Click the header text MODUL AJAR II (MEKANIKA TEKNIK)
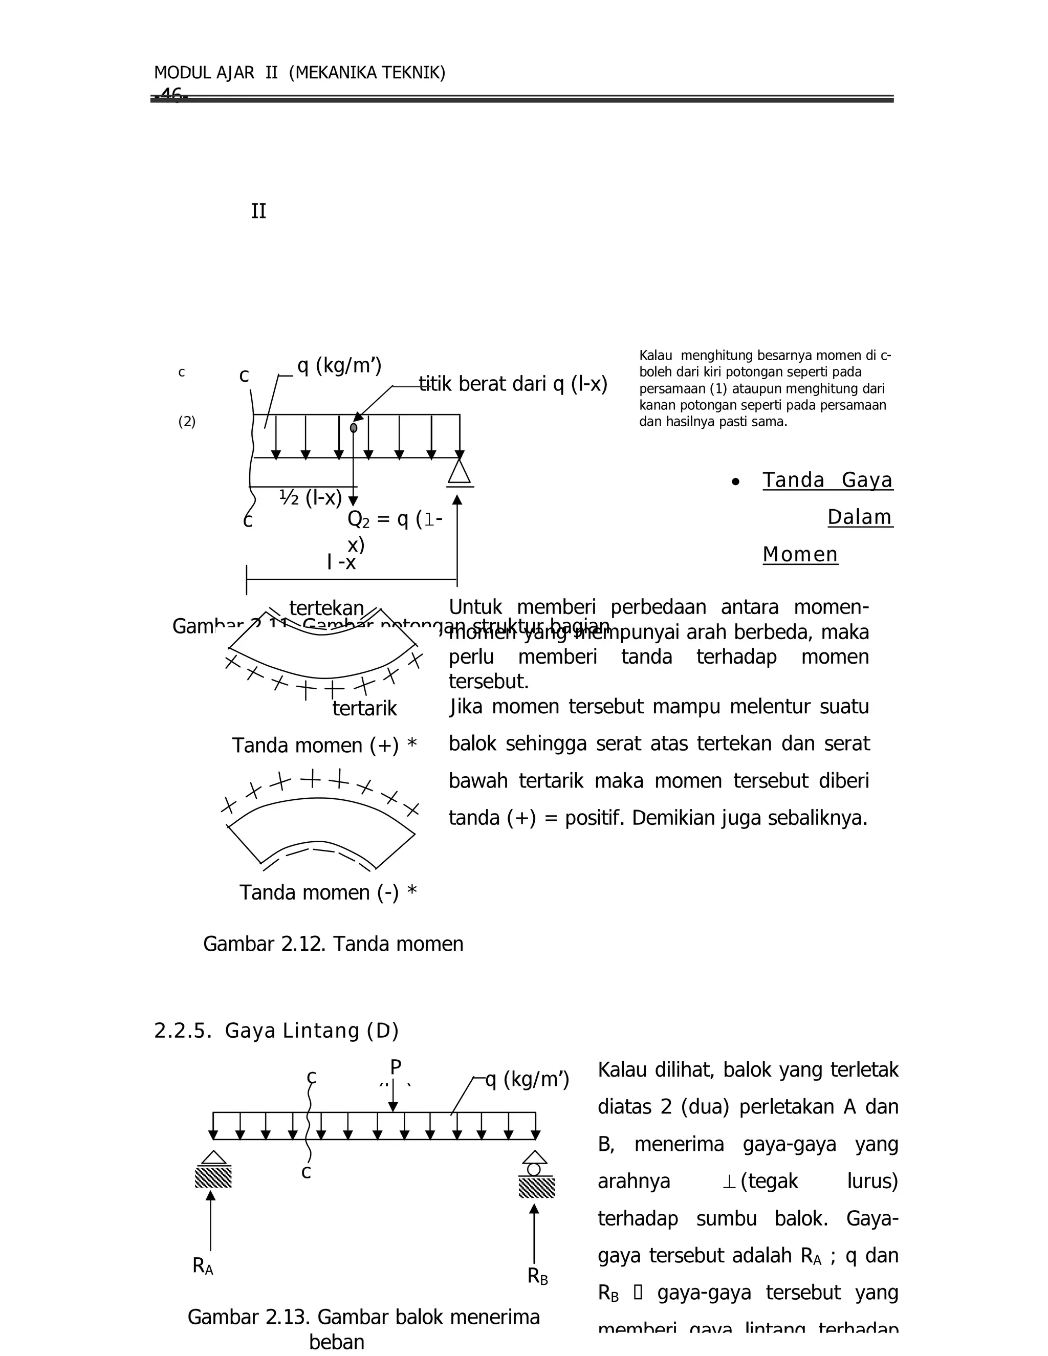click(x=299, y=73)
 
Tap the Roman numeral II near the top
click(x=258, y=212)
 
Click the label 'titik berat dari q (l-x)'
click(x=513, y=384)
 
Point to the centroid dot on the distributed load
click(x=353, y=428)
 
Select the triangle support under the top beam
click(x=459, y=472)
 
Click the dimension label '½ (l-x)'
click(x=311, y=497)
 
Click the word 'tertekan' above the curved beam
click(x=326, y=608)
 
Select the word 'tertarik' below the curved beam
click(x=364, y=708)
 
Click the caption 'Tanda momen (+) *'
click(x=324, y=745)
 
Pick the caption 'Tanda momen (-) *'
click(x=328, y=892)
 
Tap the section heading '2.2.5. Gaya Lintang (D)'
click(x=276, y=1031)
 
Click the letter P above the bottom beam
click(x=396, y=1067)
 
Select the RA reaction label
click(x=203, y=1265)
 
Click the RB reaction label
click(x=538, y=1276)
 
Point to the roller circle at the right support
click(x=534, y=1169)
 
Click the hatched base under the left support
click(x=213, y=1176)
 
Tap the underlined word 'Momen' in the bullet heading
click(x=800, y=555)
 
